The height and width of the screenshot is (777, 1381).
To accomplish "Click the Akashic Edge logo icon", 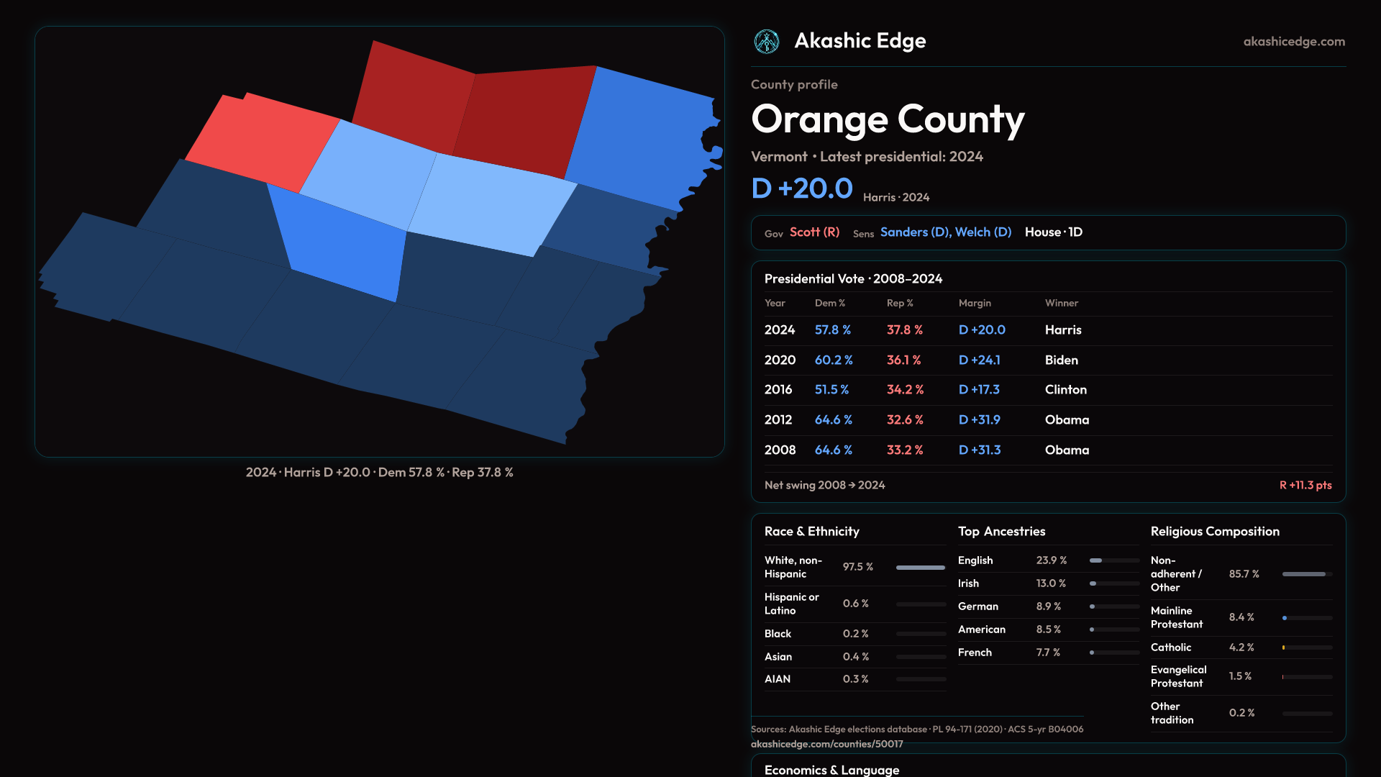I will (x=766, y=42).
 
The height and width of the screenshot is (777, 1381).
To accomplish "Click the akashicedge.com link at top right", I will (x=1294, y=42).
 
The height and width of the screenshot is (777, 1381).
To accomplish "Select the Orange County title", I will (x=888, y=119).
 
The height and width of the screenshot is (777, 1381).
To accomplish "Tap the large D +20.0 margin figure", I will (x=802, y=188).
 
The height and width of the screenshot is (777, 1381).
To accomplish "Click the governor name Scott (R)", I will (x=814, y=232).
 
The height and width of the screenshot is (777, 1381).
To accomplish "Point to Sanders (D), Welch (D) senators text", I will (x=945, y=232).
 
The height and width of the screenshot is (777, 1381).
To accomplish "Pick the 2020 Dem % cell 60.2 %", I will (x=834, y=360).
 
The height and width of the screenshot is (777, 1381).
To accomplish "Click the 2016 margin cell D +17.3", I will (x=979, y=389).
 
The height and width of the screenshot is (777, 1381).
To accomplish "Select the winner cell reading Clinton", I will (x=1065, y=389).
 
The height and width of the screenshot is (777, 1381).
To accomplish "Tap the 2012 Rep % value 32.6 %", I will (x=905, y=419).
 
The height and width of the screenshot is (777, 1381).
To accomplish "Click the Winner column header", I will (x=1061, y=303).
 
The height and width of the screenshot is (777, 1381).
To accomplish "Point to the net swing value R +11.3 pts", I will (x=1305, y=485).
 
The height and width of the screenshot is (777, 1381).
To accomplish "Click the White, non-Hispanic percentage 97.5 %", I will (x=857, y=567).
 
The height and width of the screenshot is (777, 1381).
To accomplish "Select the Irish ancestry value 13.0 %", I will (x=1051, y=583).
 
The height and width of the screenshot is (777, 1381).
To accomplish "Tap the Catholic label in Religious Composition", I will (x=1170, y=647).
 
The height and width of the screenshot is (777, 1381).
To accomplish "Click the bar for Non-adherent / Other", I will (x=1306, y=574).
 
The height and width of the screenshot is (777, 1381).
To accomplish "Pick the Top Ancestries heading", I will (x=1001, y=532).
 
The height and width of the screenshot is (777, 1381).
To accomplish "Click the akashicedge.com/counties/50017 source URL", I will (x=826, y=744).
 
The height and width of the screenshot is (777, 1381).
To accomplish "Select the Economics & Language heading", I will (x=831, y=770).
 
